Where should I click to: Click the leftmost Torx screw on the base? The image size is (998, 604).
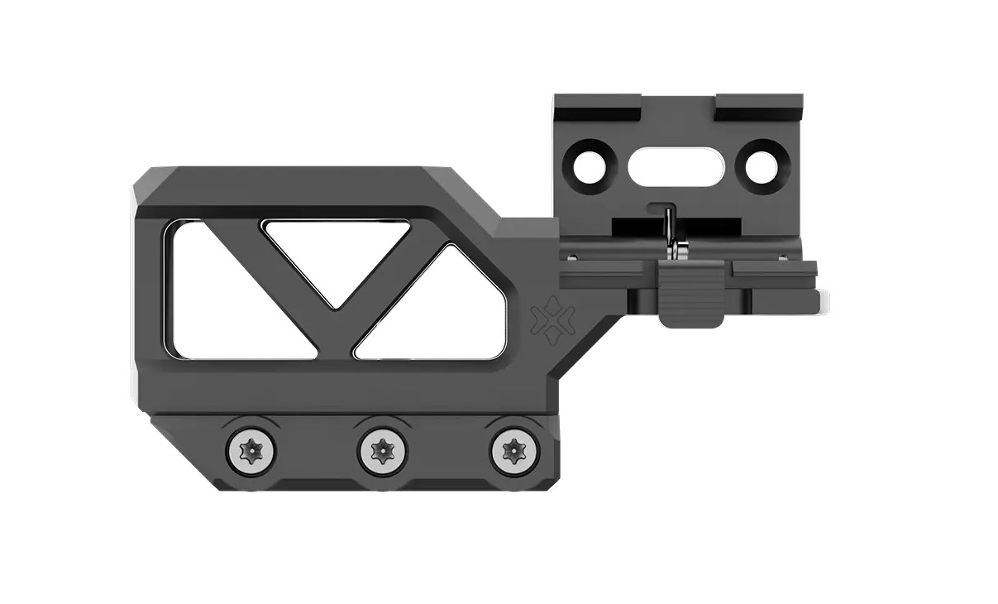coord(251,452)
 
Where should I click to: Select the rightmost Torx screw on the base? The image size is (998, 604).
coord(513,452)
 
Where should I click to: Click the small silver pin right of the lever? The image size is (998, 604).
coord(781,256)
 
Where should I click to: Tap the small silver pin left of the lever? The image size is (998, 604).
coord(570,256)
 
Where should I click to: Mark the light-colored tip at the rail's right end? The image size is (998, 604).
coord(824,302)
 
